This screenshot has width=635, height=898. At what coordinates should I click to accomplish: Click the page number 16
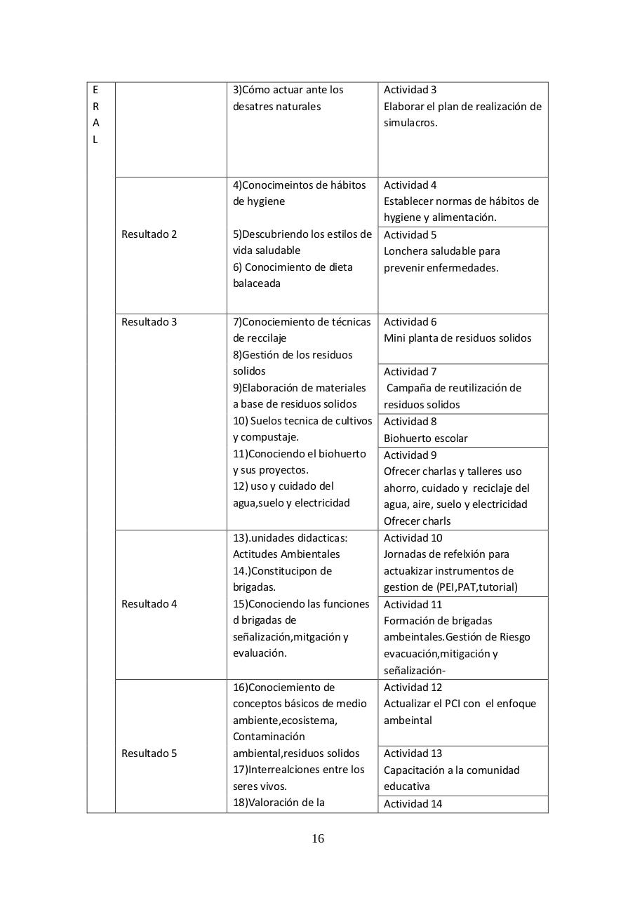(318, 838)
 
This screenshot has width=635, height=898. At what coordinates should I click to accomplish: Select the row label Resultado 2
(149, 234)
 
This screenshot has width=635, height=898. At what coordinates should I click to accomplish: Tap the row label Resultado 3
(149, 322)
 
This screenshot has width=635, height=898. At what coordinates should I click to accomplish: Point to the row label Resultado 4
(149, 604)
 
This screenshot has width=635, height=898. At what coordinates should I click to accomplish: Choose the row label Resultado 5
(149, 753)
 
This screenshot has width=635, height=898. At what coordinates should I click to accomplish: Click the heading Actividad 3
(410, 90)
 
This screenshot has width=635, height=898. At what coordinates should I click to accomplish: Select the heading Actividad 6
(410, 322)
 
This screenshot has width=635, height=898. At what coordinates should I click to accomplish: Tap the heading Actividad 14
(413, 804)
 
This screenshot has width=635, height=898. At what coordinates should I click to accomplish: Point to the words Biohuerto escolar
(425, 438)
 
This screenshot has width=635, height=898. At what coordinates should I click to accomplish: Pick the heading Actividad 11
(413, 605)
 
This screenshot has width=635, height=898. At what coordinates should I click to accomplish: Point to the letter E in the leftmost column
(95, 90)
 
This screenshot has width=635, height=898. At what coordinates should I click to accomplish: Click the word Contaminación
(269, 737)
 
